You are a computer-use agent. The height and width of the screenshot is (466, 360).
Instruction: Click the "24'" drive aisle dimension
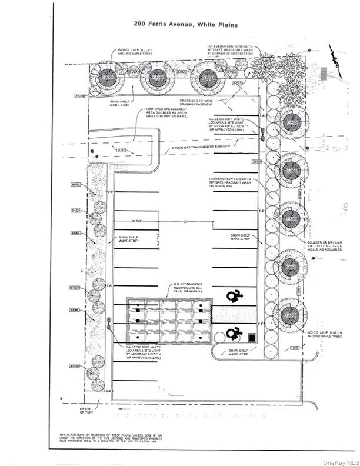[x=186, y=221]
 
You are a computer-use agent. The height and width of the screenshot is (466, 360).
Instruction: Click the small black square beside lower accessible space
[x=252, y=338]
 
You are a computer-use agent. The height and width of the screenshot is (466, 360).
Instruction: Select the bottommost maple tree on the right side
[x=290, y=315]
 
